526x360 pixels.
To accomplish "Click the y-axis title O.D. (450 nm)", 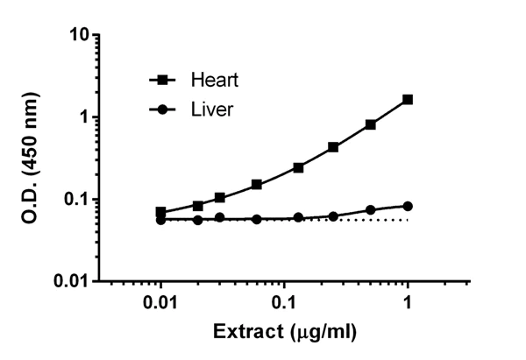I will point(26,158).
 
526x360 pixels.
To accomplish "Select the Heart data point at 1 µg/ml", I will point(408,100).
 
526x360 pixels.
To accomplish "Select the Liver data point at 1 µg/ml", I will point(408,206).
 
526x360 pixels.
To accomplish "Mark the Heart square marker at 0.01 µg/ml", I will point(161,212).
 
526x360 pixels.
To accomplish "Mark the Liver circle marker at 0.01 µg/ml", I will point(161,220).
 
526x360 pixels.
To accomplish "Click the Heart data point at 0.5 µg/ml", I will point(371,124).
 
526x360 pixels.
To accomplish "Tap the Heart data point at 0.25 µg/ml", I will point(333,147).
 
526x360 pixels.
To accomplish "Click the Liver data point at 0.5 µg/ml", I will point(371,210).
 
